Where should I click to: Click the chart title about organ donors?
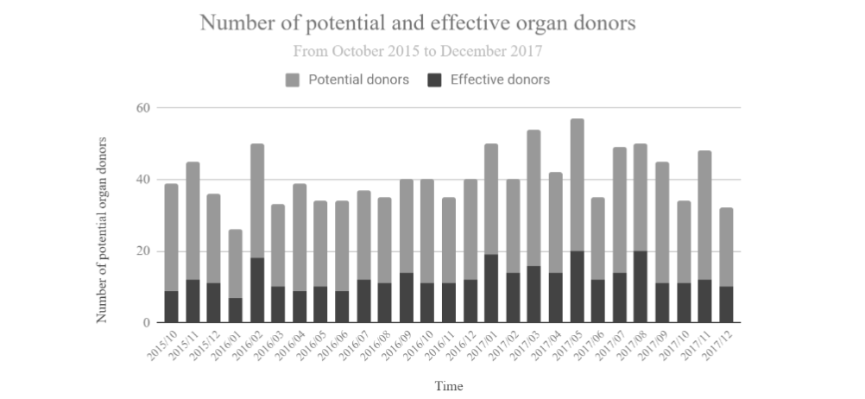pyautogui.click(x=418, y=23)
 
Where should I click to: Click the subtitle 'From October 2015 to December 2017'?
pyautogui.click(x=418, y=51)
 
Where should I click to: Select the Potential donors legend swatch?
pyautogui.click(x=292, y=80)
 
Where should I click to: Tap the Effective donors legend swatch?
pyautogui.click(x=435, y=80)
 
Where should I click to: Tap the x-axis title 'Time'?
pyautogui.click(x=448, y=385)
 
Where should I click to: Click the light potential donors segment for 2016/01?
pyautogui.click(x=236, y=263)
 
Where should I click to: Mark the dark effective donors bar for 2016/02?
pyautogui.click(x=257, y=290)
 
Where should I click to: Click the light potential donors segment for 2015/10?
pyautogui.click(x=172, y=237)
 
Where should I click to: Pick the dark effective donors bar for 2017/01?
pyautogui.click(x=491, y=288)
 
